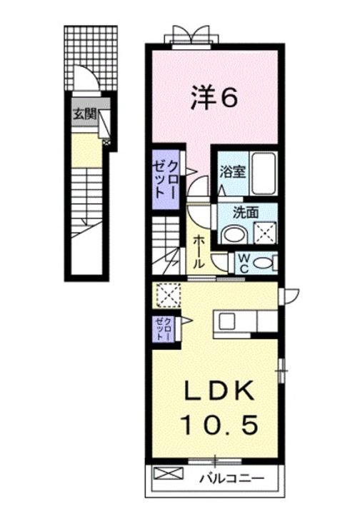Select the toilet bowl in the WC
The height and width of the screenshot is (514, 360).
[265, 262]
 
